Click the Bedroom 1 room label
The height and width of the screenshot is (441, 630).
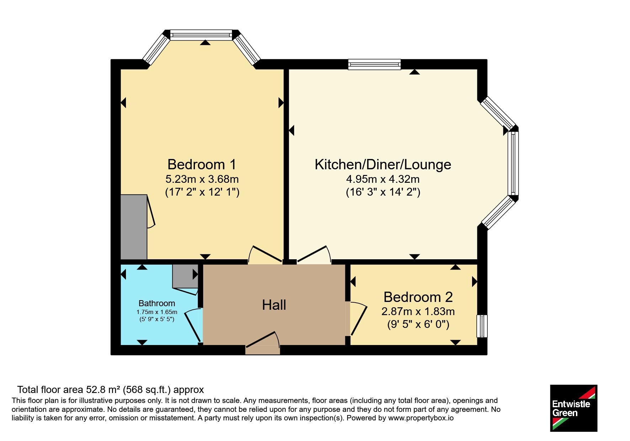[x=202, y=164]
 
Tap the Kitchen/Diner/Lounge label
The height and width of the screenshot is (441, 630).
[x=383, y=164]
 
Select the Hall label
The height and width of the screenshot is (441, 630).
[x=274, y=305]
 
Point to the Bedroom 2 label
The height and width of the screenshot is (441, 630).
[x=418, y=297]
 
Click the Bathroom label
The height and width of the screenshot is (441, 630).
[x=157, y=303]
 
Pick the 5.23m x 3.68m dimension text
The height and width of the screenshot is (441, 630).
[x=202, y=179]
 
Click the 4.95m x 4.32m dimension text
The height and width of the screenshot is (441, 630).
[x=383, y=179]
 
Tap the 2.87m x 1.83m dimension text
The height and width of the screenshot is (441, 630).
[x=418, y=312]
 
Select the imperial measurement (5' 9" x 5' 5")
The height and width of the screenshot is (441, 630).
[x=157, y=319]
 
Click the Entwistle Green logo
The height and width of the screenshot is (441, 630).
[x=573, y=408]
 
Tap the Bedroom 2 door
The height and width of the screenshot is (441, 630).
[x=358, y=319]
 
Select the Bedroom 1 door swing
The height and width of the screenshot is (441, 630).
[x=265, y=254]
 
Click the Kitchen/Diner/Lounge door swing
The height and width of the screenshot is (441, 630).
[x=314, y=254]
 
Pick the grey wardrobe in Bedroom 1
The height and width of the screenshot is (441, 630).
[x=134, y=227]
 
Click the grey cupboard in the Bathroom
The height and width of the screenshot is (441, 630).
[x=185, y=276]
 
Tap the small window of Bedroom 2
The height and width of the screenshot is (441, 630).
[x=482, y=326]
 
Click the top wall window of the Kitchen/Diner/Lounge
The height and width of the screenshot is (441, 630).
[x=375, y=64]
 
